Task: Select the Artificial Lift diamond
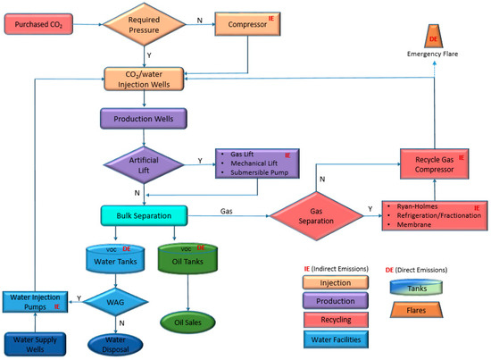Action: coord(144,164)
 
